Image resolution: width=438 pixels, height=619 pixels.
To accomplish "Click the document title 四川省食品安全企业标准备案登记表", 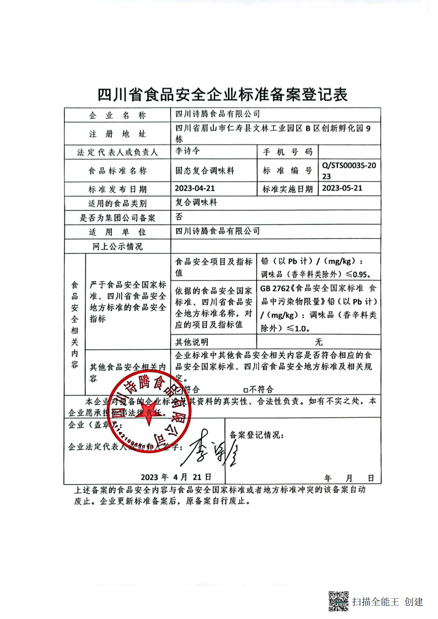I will click(223, 95).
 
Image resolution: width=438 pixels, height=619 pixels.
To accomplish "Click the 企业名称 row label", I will click(117, 116).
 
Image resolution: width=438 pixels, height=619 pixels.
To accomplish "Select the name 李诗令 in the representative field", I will click(188, 151).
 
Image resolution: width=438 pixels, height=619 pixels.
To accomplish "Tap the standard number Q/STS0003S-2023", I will click(349, 170).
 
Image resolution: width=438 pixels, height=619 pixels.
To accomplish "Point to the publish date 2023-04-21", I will click(195, 188).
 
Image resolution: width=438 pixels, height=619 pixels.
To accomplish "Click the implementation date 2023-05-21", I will click(342, 188).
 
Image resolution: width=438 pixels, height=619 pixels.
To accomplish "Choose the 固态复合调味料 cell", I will click(205, 171).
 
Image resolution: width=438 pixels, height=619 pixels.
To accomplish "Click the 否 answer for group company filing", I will click(179, 217).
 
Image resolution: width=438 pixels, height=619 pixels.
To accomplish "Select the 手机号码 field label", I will click(287, 152).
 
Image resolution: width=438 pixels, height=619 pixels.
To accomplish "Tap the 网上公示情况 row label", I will click(117, 247).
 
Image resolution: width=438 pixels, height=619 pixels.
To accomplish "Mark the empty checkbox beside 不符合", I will click(246, 390).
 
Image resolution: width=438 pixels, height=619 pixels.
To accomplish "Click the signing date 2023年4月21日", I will click(176, 477).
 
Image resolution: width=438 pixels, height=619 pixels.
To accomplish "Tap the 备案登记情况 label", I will click(256, 435).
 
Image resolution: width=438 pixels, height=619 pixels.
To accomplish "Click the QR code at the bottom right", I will click(339, 601).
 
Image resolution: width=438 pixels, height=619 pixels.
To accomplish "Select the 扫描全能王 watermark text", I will click(376, 602).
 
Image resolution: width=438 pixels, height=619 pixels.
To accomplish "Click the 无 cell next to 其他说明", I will click(318, 342).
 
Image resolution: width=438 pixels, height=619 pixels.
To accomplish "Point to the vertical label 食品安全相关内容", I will click(75, 324).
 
